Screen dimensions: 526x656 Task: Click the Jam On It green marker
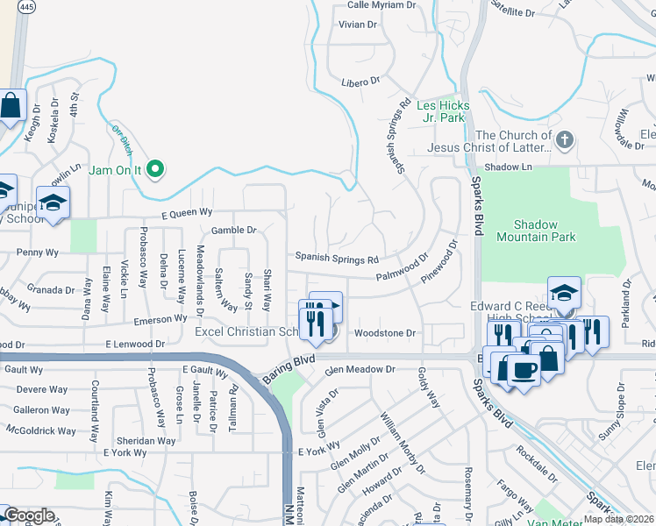click(156, 168)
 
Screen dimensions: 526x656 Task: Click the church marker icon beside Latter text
click(565, 139)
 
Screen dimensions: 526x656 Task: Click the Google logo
click(28, 515)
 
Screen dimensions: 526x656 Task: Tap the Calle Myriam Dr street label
click(381, 5)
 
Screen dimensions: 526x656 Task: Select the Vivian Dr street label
click(357, 25)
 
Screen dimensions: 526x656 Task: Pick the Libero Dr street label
click(360, 81)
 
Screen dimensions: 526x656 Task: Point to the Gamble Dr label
click(233, 231)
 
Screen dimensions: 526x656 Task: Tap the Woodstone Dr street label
click(384, 333)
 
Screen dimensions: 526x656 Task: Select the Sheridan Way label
click(147, 441)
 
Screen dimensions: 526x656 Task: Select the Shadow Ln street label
click(509, 167)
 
